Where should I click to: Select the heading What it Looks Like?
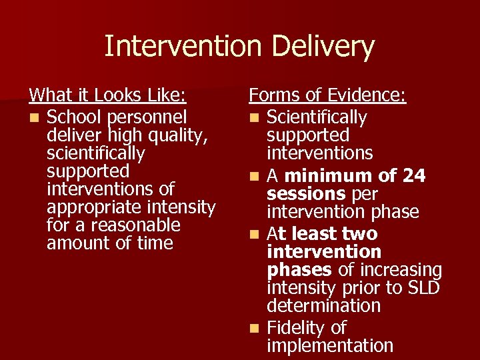tap(107, 96)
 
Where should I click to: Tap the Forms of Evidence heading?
tap(327, 96)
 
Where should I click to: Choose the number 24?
tap(413, 176)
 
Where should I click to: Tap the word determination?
tap(323, 306)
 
